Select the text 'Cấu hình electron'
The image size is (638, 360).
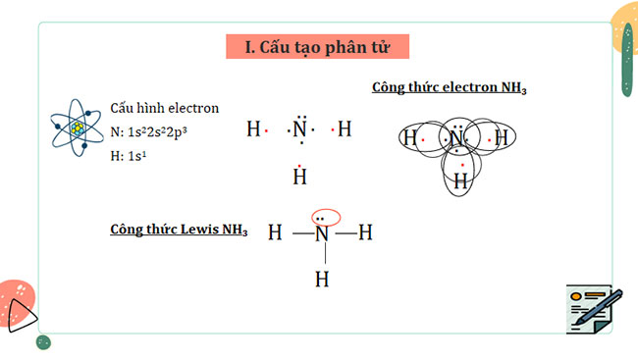164,108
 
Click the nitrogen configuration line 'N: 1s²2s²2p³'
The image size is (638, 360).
161,131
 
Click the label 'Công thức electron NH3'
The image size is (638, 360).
450,88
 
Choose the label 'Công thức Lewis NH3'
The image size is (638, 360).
179,231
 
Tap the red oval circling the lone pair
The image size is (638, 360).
324,216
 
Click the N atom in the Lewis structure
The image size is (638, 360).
322,233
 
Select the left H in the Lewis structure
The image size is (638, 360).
275,233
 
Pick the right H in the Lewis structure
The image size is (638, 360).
365,233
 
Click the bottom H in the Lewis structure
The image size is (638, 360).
322,279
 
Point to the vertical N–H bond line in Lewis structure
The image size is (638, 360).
322,256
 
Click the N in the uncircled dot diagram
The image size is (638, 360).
300,129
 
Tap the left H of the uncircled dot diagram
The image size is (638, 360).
253,129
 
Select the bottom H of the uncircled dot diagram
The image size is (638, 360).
300,177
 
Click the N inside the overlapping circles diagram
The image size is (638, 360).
456,138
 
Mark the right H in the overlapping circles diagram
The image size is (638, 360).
501,138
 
